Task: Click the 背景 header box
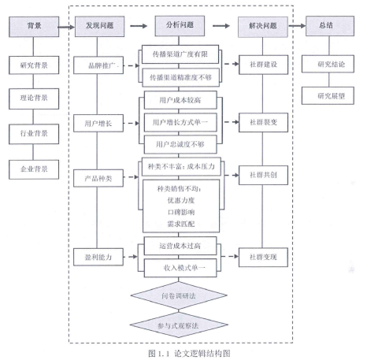pos(34,27)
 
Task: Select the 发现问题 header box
pos(99,26)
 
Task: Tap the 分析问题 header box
pos(180,26)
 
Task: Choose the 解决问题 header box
pos(263,27)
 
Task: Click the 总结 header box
pos(330,26)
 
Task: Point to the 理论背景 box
pos(34,98)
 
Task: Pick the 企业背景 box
pos(34,169)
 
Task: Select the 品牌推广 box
pos(98,65)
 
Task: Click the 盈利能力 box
pos(98,257)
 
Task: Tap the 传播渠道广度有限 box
pos(180,54)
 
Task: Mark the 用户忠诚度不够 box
pos(180,144)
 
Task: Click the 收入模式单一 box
pos(180,268)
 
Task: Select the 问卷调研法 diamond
pos(179,296)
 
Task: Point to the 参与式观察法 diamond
pos(179,325)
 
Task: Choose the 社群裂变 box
pos(263,122)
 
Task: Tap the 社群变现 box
pos(263,257)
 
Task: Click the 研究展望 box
pos(328,96)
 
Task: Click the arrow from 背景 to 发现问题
pos(66,27)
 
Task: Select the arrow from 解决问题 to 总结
pos(297,26)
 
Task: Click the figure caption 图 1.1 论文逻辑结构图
pos(189,354)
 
